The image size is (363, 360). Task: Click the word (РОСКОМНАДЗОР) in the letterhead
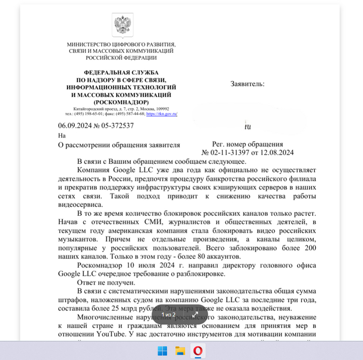(122, 102)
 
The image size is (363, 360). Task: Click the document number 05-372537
(116, 126)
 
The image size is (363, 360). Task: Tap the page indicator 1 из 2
(169, 314)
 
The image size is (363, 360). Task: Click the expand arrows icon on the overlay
(196, 314)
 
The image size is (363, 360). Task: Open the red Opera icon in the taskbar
(198, 351)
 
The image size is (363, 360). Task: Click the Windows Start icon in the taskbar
(163, 351)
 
